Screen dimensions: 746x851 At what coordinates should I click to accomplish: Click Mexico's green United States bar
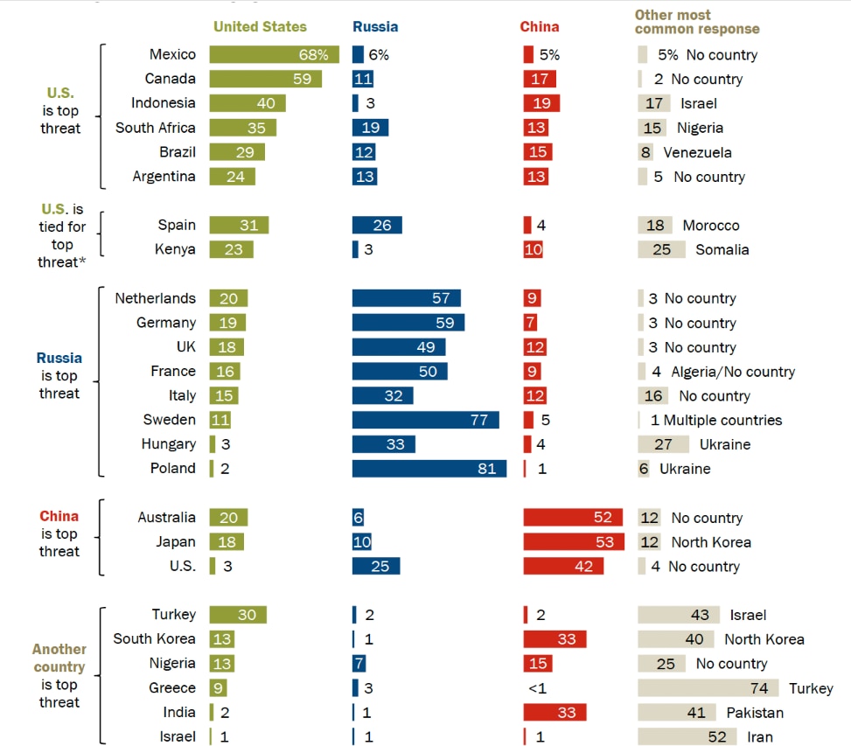click(274, 54)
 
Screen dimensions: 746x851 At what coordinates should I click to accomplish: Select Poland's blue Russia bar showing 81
click(429, 469)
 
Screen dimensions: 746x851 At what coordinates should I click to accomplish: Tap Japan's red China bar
click(574, 542)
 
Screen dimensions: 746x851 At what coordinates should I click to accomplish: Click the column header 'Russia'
click(375, 27)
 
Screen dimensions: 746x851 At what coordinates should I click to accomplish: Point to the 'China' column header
click(540, 27)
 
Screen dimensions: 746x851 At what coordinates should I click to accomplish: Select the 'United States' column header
click(260, 27)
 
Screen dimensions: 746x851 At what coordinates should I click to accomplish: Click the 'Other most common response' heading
click(696, 22)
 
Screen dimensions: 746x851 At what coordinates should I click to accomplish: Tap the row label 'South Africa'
click(156, 128)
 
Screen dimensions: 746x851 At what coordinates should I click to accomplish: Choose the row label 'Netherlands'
click(156, 298)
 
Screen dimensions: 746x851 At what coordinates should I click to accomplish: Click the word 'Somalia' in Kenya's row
click(722, 249)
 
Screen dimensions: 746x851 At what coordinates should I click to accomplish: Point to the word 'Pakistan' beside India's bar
click(755, 713)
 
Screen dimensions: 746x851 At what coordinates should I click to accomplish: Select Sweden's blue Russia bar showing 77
click(426, 420)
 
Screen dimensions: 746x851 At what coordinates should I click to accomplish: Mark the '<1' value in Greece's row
click(538, 688)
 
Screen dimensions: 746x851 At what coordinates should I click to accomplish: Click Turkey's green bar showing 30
click(238, 615)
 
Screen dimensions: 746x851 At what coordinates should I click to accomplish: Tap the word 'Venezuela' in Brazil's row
click(697, 152)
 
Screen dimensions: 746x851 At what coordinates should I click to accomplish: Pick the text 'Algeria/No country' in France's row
click(733, 372)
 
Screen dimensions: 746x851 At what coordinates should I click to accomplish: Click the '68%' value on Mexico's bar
click(315, 54)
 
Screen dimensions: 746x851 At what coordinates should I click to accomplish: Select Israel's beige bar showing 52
click(687, 737)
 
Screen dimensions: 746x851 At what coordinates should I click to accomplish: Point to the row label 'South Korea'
click(154, 639)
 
